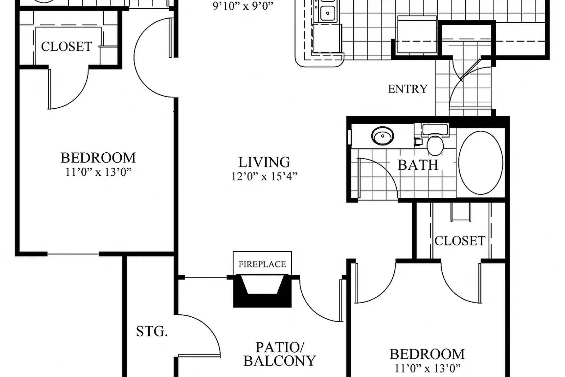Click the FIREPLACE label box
pyautogui.click(x=262, y=264)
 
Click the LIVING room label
pyautogui.click(x=264, y=162)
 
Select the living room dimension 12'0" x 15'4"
pyautogui.click(x=264, y=177)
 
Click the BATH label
pyautogui.click(x=418, y=165)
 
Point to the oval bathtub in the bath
pyautogui.click(x=481, y=163)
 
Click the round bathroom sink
pyautogui.click(x=382, y=136)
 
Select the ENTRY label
pyautogui.click(x=408, y=89)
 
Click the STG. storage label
pyautogui.click(x=152, y=331)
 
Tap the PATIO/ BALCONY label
pyautogui.click(x=280, y=354)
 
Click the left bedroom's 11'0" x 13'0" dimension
pyautogui.click(x=98, y=172)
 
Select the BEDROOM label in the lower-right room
pyautogui.click(x=427, y=354)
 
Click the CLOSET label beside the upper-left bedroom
pyautogui.click(x=66, y=47)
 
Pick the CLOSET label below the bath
pyautogui.click(x=460, y=241)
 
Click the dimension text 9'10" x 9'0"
pyautogui.click(x=243, y=6)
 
